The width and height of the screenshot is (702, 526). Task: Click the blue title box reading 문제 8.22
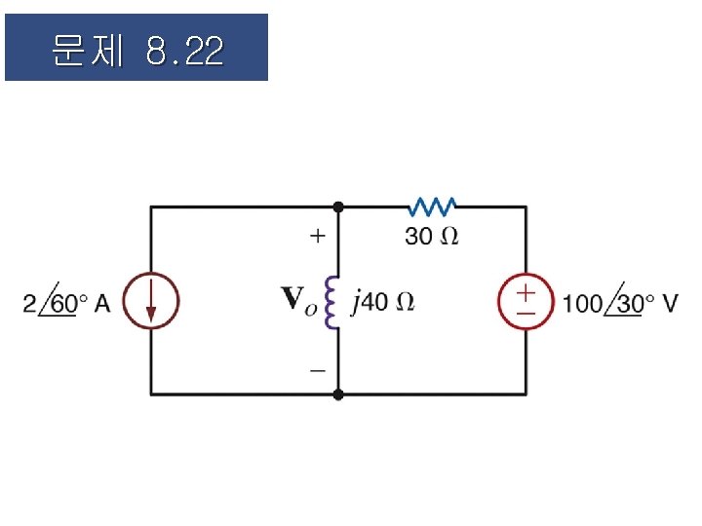pyautogui.click(x=136, y=47)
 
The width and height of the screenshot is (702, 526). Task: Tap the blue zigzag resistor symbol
pyautogui.click(x=433, y=207)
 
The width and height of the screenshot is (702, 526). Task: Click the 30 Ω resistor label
pyautogui.click(x=432, y=236)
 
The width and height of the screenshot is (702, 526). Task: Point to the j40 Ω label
pyautogui.click(x=382, y=302)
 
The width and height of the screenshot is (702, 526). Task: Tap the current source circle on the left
pyautogui.click(x=151, y=301)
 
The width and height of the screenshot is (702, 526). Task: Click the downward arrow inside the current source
pyautogui.click(x=151, y=303)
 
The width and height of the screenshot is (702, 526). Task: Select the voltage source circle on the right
pyautogui.click(x=526, y=301)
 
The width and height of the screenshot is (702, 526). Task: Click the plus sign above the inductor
pyautogui.click(x=317, y=235)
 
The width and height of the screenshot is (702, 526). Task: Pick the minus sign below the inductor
pyautogui.click(x=317, y=371)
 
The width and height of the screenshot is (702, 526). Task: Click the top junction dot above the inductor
pyautogui.click(x=338, y=207)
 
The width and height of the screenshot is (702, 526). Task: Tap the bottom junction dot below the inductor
pyautogui.click(x=338, y=394)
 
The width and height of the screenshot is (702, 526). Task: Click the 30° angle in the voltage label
pyautogui.click(x=629, y=303)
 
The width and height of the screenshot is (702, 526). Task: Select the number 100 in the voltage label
pyautogui.click(x=583, y=303)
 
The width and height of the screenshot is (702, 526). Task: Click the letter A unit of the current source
pyautogui.click(x=103, y=303)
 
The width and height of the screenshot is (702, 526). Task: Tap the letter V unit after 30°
pyautogui.click(x=671, y=303)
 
